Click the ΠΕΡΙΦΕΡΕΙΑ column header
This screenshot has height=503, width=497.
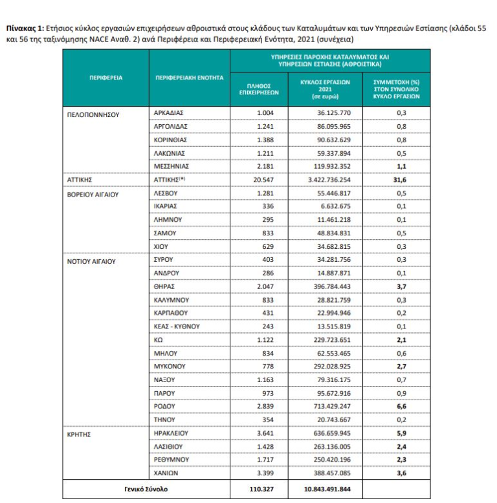point(105,78)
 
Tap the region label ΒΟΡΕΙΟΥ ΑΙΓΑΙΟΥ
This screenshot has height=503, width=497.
point(94,192)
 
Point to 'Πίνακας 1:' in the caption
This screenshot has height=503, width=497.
point(25,28)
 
